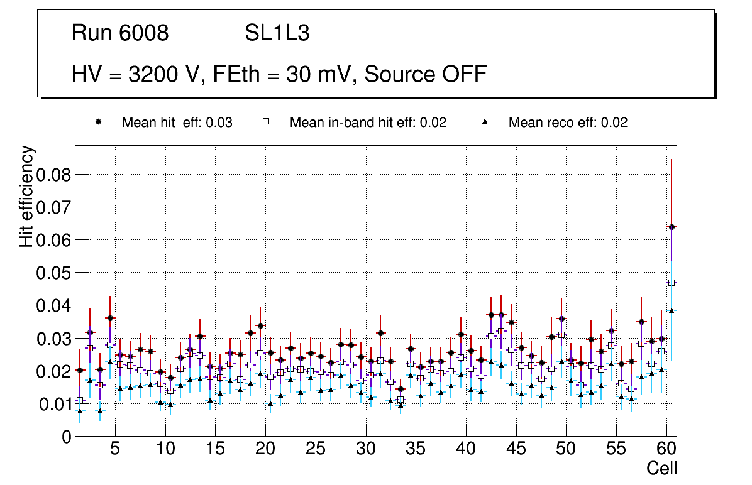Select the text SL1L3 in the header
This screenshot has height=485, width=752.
[277, 33]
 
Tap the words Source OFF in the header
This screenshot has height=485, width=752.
[426, 74]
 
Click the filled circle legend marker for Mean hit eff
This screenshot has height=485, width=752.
[99, 123]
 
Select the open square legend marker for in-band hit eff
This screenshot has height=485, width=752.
[266, 123]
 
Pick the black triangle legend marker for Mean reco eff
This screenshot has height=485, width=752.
[485, 123]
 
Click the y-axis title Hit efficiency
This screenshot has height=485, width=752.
[27, 197]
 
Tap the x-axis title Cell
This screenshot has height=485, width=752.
[661, 468]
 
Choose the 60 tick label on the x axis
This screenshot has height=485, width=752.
[666, 450]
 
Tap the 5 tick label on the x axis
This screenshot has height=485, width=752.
[115, 450]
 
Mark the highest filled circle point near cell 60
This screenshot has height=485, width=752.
[672, 227]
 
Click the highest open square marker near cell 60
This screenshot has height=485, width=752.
[672, 283]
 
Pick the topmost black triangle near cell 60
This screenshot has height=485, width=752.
[672, 310]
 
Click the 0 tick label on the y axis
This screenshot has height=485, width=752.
[67, 437]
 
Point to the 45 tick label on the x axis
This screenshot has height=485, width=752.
[516, 450]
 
